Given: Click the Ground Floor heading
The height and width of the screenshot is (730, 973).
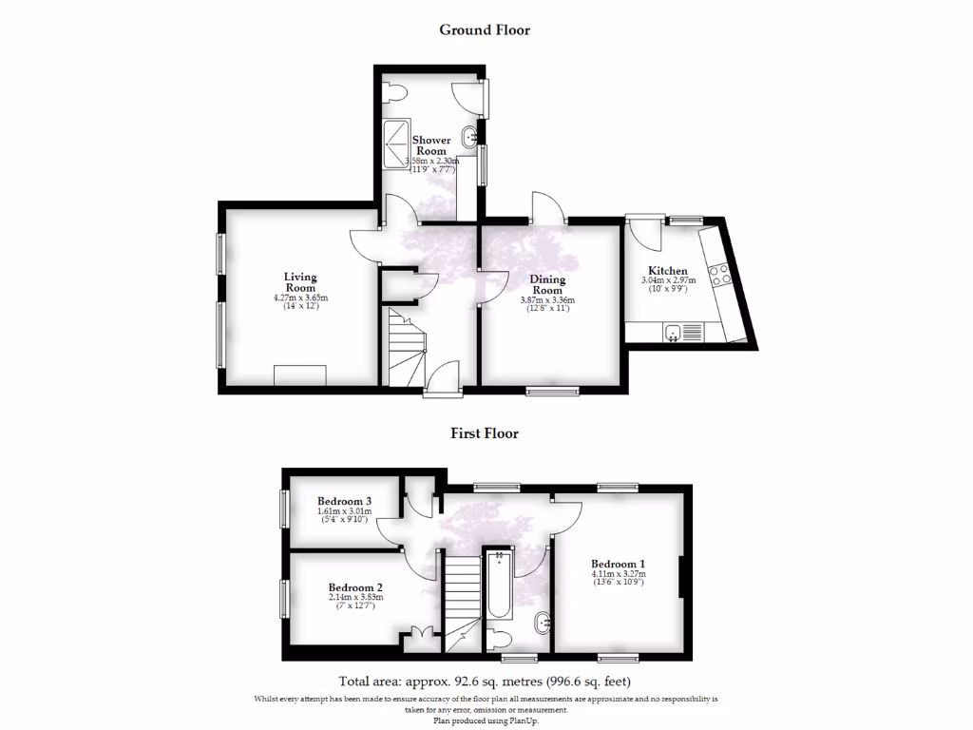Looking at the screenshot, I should coord(485,29).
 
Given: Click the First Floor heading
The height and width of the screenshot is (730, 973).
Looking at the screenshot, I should coord(485,433).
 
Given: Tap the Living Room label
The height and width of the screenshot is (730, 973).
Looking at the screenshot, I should coord(300,282).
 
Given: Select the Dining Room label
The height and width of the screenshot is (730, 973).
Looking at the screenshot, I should coord(547,285).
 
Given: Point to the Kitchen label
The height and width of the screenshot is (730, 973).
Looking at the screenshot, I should coord(668,271).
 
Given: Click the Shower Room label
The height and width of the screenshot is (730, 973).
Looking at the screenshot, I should coord(430,145).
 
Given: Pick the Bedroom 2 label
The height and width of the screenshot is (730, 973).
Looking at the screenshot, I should coord(355,587).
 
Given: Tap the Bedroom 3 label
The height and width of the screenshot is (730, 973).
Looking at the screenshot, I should coord(344,501).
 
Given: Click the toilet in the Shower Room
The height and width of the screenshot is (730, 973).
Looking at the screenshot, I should coord(396,92).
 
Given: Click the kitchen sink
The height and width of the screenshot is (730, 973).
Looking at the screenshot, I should coord(682,332).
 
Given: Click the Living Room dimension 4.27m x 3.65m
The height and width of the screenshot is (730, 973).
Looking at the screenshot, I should coord(300,298).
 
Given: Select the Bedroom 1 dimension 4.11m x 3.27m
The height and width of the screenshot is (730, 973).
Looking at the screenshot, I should coord(618,573).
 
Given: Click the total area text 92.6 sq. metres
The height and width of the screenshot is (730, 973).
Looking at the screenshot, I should coord(485,682).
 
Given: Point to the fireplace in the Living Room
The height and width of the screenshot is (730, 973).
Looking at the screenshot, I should coord(300,375).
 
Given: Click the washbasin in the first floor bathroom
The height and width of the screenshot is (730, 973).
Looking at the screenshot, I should coord(542,624).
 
